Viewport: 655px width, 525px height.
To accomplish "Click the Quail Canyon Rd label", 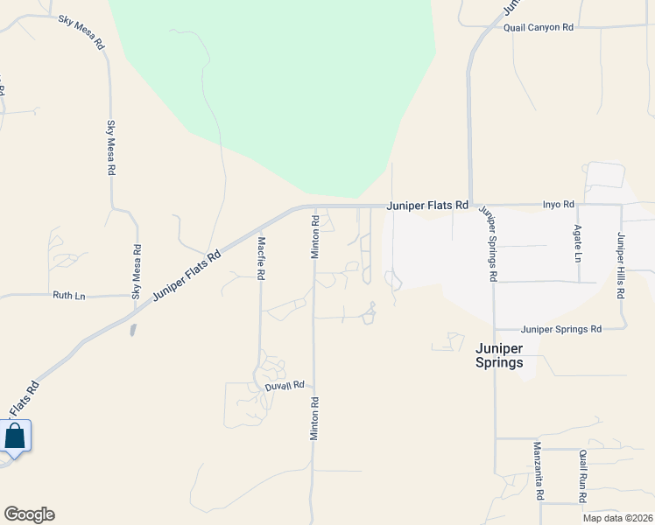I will (538, 28).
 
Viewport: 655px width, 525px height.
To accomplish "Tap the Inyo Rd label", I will (558, 205).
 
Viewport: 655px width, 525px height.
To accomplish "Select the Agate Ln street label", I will (577, 244).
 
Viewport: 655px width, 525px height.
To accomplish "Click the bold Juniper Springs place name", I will (499, 354).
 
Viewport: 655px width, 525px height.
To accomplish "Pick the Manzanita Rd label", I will (539, 470).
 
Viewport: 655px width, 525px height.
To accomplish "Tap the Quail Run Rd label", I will (582, 476).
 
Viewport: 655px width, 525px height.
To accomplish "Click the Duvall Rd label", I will (285, 385).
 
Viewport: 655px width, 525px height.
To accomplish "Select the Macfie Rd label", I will (261, 257).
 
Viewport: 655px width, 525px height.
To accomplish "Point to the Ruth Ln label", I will (68, 296).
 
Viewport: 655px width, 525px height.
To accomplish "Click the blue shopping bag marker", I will (15, 436).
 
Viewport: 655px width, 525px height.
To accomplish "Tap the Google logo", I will (29, 514).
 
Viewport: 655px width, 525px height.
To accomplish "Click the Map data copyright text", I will (618, 518).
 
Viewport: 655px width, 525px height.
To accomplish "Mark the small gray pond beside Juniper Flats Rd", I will (132, 330).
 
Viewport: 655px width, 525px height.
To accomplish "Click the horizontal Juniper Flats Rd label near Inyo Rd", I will (429, 205).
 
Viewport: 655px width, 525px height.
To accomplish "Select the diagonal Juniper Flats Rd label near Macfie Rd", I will (188, 274).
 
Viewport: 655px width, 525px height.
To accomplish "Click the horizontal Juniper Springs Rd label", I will (561, 329).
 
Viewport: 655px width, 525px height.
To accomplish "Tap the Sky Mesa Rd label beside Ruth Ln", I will (137, 272).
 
